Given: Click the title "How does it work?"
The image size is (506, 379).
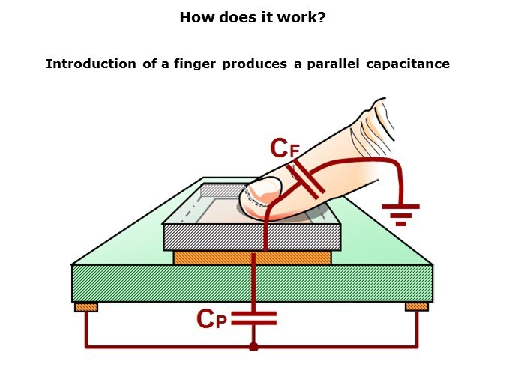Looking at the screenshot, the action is point(253,17).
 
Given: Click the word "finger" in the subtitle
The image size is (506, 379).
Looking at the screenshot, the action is point(195,64).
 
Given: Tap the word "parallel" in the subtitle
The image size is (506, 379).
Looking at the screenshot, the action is point(333,64).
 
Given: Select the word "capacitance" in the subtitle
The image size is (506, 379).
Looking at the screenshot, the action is point(408,64).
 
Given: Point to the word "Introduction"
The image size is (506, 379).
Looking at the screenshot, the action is point(91,64).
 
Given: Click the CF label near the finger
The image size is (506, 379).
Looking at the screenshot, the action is point(285,148).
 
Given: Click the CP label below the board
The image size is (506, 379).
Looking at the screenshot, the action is point(211,318).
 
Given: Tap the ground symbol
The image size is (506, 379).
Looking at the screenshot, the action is point(401,215).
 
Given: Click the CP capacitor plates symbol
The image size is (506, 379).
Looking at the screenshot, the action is point(254,318).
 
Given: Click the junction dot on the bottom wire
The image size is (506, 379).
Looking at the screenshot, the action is point(253,347).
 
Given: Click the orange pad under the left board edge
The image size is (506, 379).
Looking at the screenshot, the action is point(86,307).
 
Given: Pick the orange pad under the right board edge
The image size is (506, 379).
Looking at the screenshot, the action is point(417,307).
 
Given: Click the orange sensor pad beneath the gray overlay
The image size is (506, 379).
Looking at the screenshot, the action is point(253,258).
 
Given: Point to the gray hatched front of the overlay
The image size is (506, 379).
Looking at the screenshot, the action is point(252,237).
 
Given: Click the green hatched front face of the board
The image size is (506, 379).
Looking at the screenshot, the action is point(252,284).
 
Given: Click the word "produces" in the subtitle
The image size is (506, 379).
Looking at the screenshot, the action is point(254,64).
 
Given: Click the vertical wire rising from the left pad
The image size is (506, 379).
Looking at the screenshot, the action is point(86,330).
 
